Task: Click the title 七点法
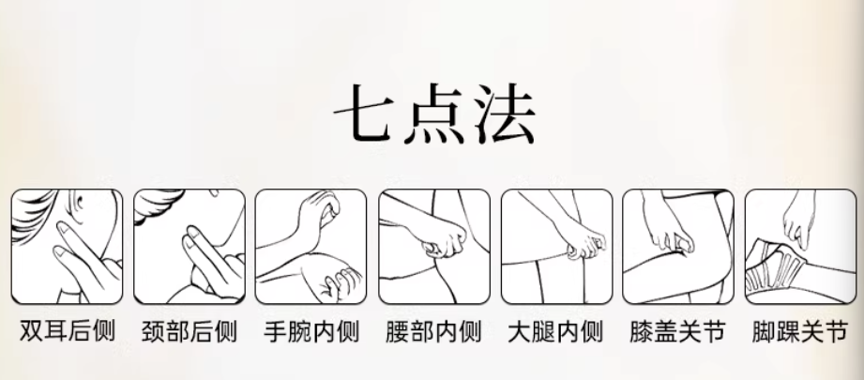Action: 434,114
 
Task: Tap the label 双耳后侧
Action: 68,331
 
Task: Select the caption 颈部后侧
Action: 189,331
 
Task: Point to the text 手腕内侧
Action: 311,331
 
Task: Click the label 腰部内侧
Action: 433,331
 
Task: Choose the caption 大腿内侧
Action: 555,331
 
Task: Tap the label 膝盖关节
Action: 677,331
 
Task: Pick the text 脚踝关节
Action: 800,331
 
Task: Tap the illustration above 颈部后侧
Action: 189,246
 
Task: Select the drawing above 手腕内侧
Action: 311,246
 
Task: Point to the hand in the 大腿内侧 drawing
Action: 585,243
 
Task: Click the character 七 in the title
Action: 364,114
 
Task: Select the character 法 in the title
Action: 506,114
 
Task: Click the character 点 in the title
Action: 435,114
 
